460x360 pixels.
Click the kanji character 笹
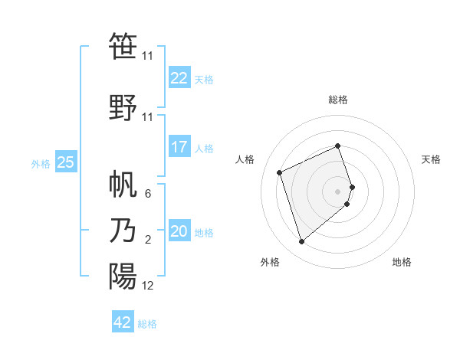(x=123, y=47)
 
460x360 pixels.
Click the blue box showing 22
(x=179, y=78)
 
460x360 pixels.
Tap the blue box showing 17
(x=179, y=147)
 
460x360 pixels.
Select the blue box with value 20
(x=179, y=231)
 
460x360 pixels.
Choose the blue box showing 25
(x=66, y=162)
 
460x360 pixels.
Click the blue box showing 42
(x=123, y=322)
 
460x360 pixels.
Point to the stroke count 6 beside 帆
(x=148, y=194)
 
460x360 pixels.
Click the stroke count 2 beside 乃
(x=148, y=241)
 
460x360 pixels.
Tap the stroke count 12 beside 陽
(x=148, y=286)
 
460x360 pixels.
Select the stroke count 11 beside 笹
(x=148, y=56)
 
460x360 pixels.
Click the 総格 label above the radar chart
(x=338, y=100)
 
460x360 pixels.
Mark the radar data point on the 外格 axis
(x=302, y=242)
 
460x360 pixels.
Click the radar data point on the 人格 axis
(x=281, y=172)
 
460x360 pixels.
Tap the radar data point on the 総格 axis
(x=338, y=146)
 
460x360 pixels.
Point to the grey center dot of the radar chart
(x=338, y=191)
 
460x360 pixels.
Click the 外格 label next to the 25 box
(x=41, y=163)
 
